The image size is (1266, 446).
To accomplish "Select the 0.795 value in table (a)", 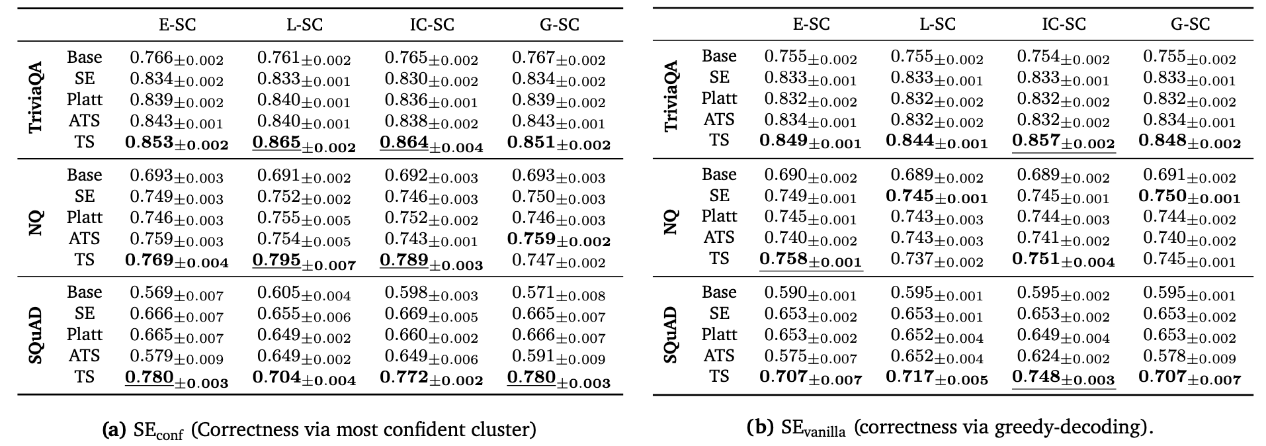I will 304,261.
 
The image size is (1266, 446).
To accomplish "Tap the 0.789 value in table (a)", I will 431,261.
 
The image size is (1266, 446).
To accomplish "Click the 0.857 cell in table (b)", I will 1064,142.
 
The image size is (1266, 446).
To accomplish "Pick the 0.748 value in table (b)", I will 1064,379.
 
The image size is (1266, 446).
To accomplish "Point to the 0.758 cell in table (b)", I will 811,260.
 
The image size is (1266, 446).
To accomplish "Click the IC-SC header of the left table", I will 432,24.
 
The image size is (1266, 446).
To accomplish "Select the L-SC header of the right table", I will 937,24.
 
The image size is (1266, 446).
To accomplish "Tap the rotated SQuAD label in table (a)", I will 37,335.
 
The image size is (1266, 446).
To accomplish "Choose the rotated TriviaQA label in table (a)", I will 37,98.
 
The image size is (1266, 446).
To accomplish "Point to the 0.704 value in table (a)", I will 304,379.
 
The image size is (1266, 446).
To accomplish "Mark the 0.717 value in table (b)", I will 937,379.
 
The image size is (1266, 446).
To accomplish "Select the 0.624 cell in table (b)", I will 1064,357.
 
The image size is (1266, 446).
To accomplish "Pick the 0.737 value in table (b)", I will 937,260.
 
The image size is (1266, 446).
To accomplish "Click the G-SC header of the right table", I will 1190,24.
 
